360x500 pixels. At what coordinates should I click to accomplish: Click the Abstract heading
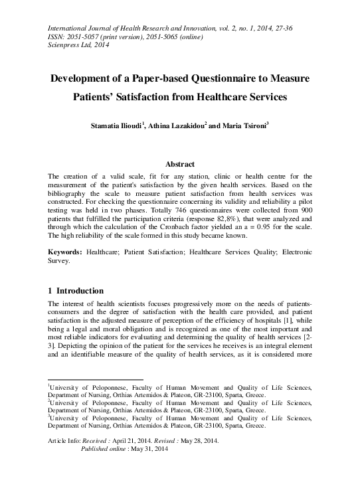(179, 164)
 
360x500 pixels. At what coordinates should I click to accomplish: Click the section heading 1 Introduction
(76, 291)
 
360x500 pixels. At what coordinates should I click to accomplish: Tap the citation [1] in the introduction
(270, 321)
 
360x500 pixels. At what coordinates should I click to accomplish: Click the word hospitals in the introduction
(248, 321)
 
